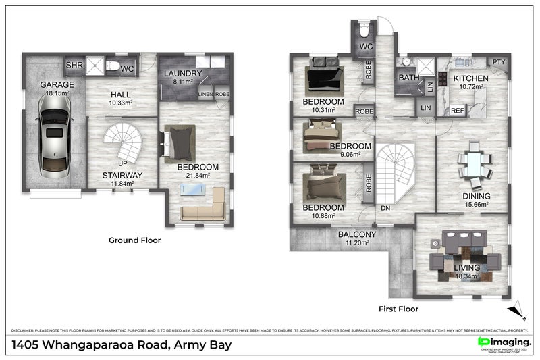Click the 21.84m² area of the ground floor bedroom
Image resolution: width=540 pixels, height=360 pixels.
click(198, 175)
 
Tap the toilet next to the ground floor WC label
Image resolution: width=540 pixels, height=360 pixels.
click(114, 66)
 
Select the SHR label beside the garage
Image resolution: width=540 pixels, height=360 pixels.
click(73, 66)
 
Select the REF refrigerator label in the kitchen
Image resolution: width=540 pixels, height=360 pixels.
click(457, 110)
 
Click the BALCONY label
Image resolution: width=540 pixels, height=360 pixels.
click(357, 234)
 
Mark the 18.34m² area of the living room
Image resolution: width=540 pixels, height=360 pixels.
click(467, 276)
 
